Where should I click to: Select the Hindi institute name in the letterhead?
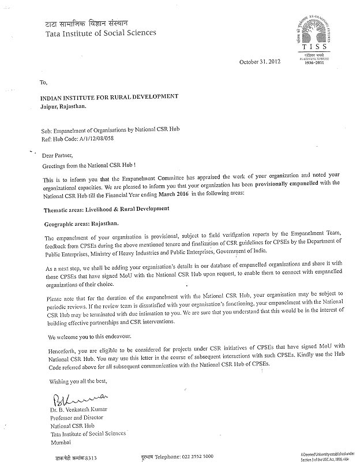82,23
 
